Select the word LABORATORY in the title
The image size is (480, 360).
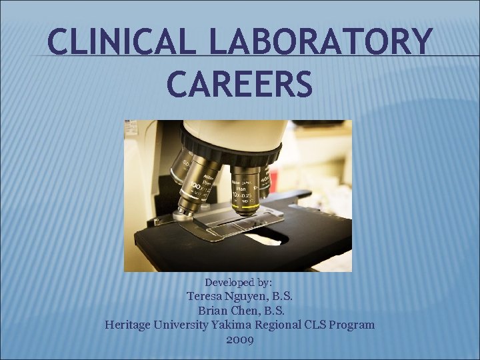(320, 43)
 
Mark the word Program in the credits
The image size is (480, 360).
(354, 325)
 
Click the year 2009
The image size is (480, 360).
(239, 339)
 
